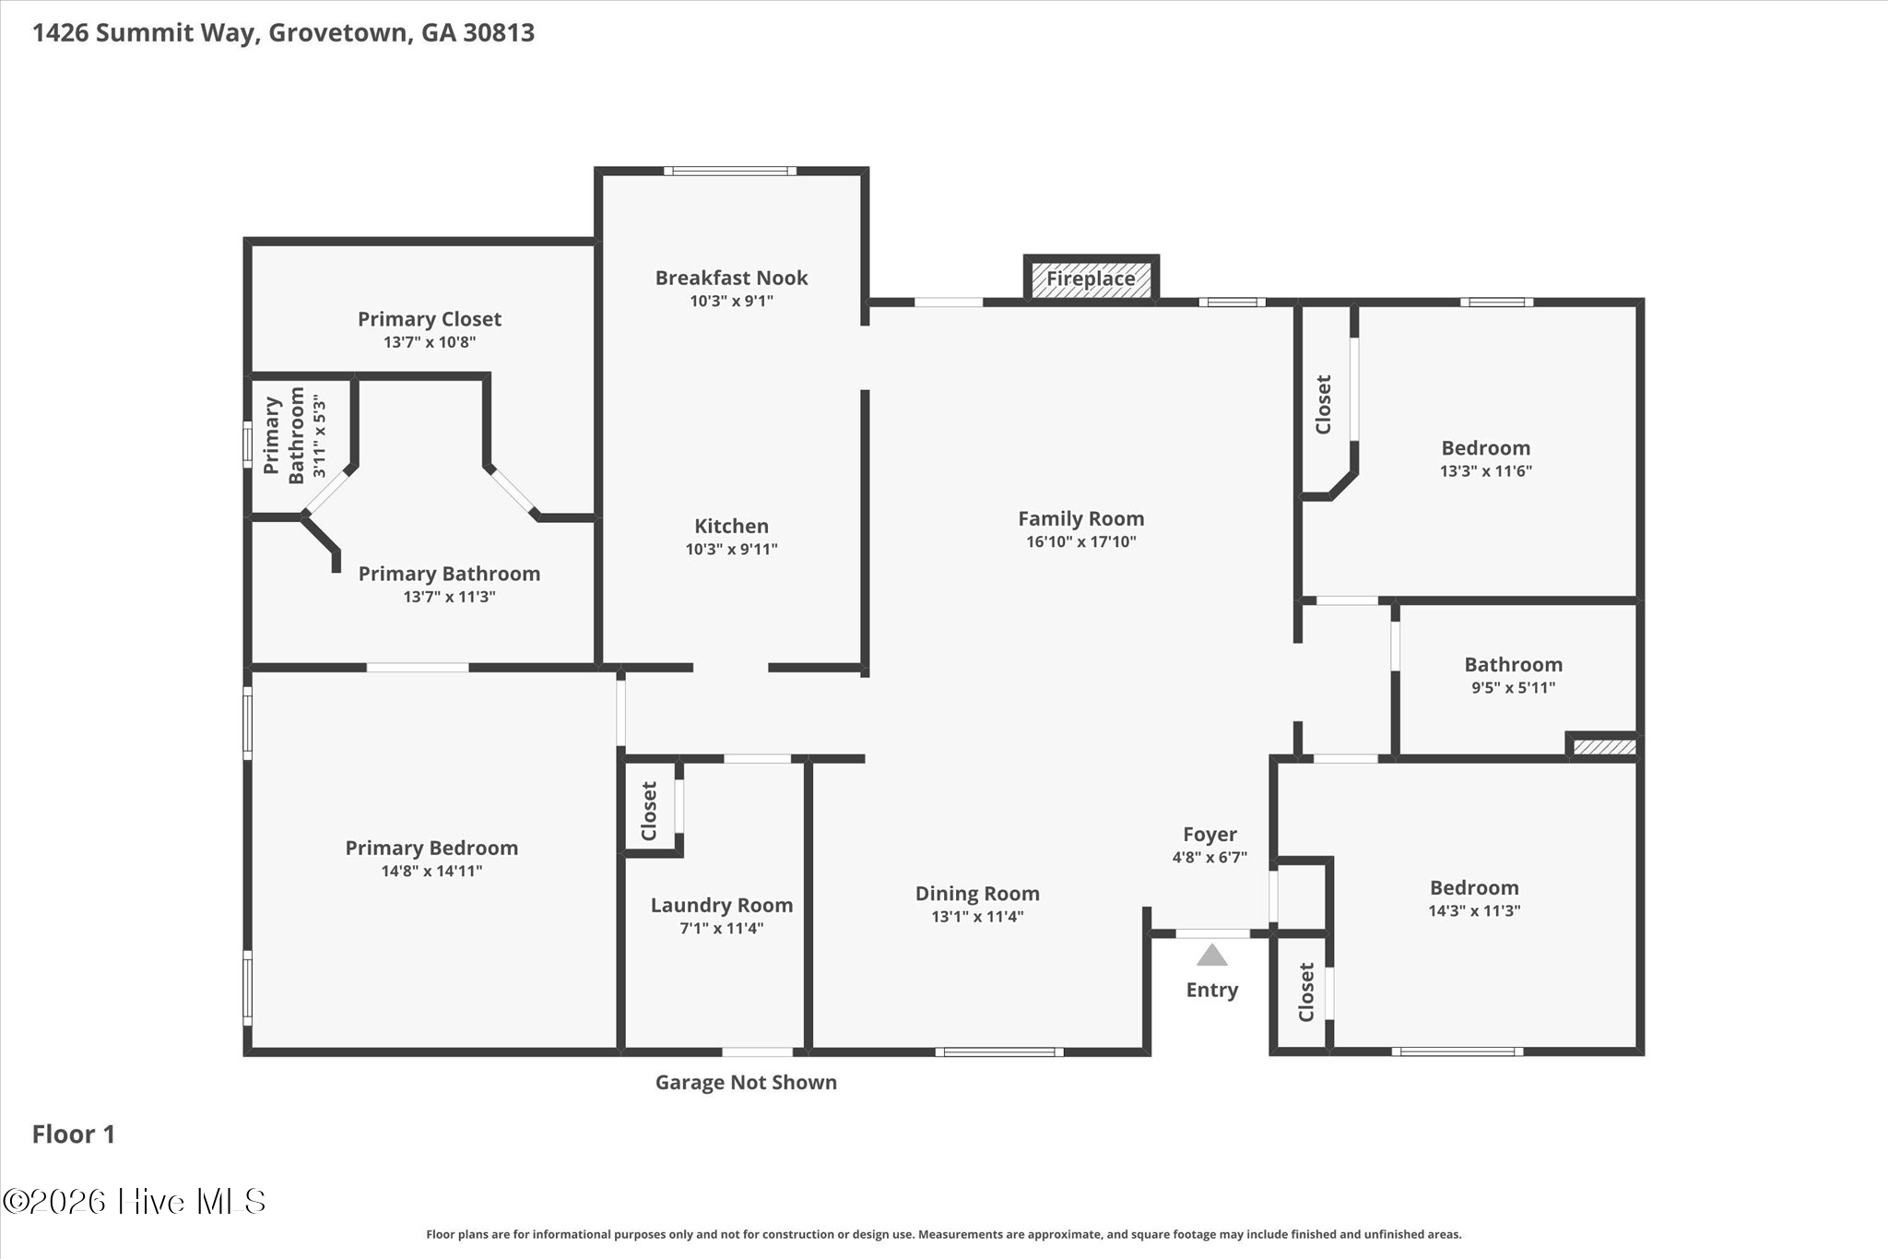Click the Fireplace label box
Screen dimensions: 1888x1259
click(1091, 279)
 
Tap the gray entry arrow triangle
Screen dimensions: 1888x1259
click(1212, 955)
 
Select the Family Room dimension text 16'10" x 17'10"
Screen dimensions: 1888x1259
click(1081, 542)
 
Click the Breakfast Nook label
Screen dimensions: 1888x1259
click(732, 278)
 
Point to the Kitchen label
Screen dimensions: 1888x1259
click(732, 526)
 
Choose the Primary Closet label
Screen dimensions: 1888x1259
click(430, 319)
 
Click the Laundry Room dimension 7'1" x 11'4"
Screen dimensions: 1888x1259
click(722, 929)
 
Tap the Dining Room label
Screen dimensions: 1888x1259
click(977, 894)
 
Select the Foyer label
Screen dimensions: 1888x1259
click(1210, 835)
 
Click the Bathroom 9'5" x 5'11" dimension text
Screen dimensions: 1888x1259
click(1514, 688)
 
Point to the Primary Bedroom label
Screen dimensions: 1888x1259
click(431, 848)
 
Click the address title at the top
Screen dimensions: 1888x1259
click(284, 33)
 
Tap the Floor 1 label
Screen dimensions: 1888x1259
click(74, 1134)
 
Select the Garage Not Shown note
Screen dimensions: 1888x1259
click(746, 1083)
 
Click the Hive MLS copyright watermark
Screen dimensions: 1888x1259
click(135, 1201)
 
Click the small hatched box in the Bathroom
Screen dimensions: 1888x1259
click(1603, 746)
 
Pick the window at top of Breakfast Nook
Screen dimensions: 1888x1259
click(730, 171)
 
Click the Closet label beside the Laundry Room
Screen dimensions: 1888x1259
click(649, 812)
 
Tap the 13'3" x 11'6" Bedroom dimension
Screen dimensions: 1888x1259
click(1486, 471)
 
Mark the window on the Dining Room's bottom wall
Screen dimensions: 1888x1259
click(999, 1051)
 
